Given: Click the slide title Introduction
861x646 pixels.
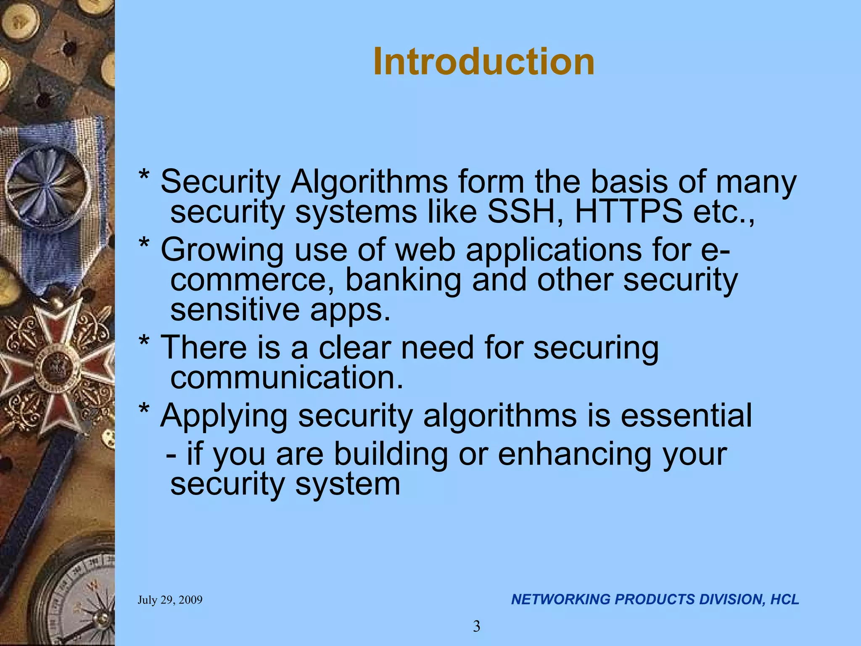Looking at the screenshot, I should pyautogui.click(x=483, y=62).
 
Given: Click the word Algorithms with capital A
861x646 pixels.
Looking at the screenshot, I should pyautogui.click(x=369, y=182).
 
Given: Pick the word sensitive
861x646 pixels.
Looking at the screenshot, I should pyautogui.click(x=235, y=310).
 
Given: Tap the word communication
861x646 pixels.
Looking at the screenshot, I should pyautogui.click(x=286, y=378).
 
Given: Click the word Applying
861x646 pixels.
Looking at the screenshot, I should pyautogui.click(x=224, y=416).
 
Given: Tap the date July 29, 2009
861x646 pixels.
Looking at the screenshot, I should pyautogui.click(x=170, y=600).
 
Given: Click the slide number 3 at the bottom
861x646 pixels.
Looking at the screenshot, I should pyautogui.click(x=476, y=627).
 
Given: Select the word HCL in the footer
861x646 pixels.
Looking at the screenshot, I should pyautogui.click(x=784, y=599).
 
